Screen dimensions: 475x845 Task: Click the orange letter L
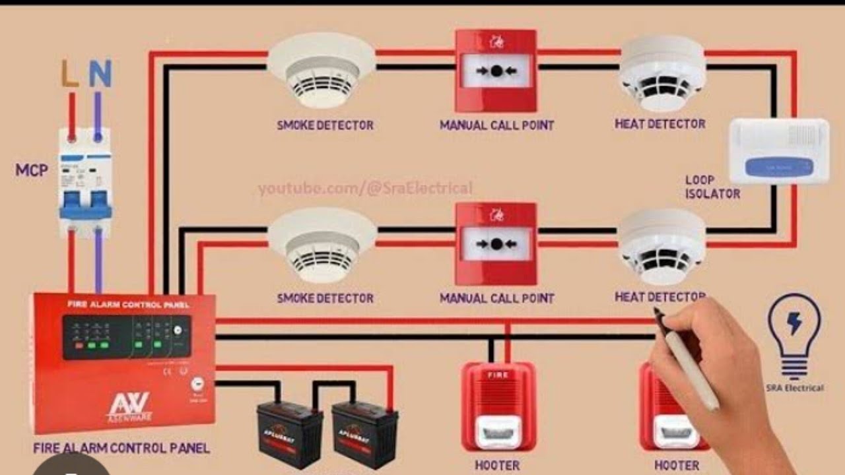click(70, 74)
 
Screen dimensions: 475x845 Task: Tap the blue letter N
click(100, 74)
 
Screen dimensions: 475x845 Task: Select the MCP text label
click(32, 170)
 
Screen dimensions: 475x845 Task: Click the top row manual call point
click(496, 71)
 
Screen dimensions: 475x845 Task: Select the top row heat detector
click(663, 73)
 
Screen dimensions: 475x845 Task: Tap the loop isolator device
click(778, 151)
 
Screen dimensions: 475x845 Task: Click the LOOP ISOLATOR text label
click(712, 187)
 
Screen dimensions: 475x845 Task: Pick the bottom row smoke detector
click(322, 243)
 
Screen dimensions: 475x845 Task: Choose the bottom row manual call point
click(496, 243)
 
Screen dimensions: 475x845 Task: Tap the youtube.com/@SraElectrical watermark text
click(365, 189)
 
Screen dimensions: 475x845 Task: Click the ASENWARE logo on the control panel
click(128, 406)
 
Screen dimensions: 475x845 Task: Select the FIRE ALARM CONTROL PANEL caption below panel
click(121, 449)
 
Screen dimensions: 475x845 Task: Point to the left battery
click(290, 434)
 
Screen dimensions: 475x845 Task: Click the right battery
click(364, 434)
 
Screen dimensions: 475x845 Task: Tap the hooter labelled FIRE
click(498, 405)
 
